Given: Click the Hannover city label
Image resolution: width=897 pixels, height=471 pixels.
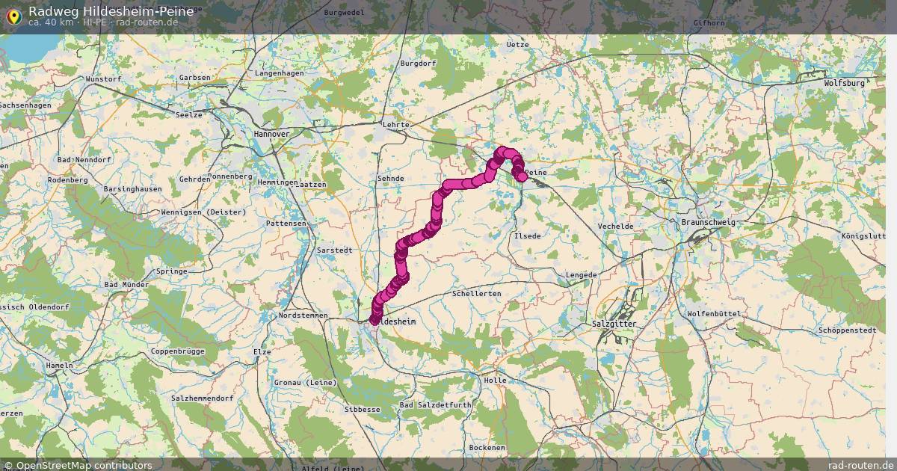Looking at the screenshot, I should click(x=272, y=134).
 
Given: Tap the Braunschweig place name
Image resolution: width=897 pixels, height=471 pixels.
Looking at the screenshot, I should click(x=708, y=223).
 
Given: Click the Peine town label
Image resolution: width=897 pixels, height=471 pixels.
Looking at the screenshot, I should click(x=537, y=173).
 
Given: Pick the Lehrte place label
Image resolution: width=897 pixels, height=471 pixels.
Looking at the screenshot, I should click(x=395, y=125).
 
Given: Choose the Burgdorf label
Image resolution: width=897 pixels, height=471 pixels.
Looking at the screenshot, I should click(x=418, y=64).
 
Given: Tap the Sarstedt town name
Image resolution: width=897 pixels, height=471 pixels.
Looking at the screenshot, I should click(x=334, y=250).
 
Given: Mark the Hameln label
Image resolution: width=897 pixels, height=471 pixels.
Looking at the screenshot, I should click(x=60, y=366).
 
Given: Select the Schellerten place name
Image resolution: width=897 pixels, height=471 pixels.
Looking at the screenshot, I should click(x=477, y=294).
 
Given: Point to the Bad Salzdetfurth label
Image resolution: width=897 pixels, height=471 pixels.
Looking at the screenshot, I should click(x=435, y=404).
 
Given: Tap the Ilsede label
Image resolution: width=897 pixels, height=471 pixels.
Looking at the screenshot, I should click(x=527, y=235).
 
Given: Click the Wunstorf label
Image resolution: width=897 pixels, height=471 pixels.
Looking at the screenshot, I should click(x=104, y=78).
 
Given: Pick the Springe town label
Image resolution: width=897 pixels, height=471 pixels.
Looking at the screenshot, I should click(x=171, y=271).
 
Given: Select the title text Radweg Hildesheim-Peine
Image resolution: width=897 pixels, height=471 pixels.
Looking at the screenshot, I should click(x=111, y=11).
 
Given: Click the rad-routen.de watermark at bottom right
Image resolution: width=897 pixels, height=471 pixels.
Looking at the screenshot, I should click(x=860, y=465).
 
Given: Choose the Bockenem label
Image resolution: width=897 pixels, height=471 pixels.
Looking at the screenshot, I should click(x=487, y=447).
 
